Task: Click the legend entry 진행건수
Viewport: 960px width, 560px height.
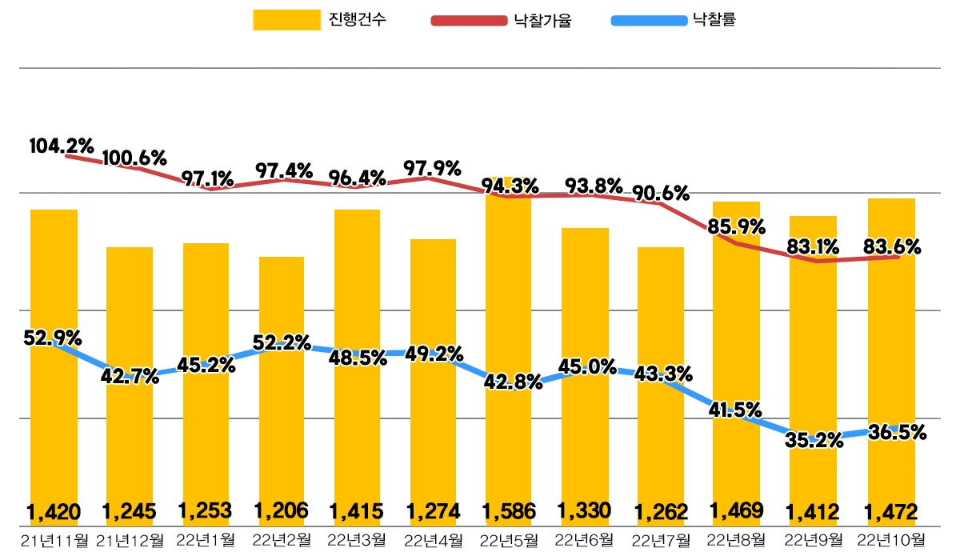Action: click(320, 20)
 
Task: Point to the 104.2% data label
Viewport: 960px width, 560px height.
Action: click(62, 146)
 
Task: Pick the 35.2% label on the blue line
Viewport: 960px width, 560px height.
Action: click(814, 441)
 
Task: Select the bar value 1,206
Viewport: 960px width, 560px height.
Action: click(281, 510)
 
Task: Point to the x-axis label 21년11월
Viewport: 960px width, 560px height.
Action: click(54, 540)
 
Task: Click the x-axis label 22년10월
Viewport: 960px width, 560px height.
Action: click(891, 540)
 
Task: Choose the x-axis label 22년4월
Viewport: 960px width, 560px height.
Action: click(433, 540)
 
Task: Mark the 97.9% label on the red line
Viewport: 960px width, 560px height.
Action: click(432, 169)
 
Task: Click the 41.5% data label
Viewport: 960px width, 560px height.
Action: click(735, 410)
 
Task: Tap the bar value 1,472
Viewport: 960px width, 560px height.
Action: click(890, 510)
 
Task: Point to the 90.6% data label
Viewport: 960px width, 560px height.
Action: click(661, 194)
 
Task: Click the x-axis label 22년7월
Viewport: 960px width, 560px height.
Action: click(661, 540)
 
